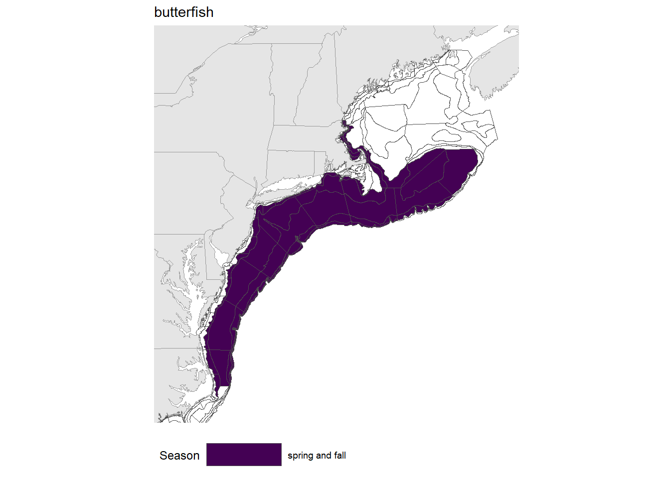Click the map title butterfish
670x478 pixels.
pos(183,12)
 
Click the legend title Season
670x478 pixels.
pos(179,456)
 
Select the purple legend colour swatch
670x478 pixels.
pos(244,455)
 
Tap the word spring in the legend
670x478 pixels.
pos(301,456)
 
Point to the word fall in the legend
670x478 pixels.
pos(340,456)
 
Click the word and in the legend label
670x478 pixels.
pos(324,456)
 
